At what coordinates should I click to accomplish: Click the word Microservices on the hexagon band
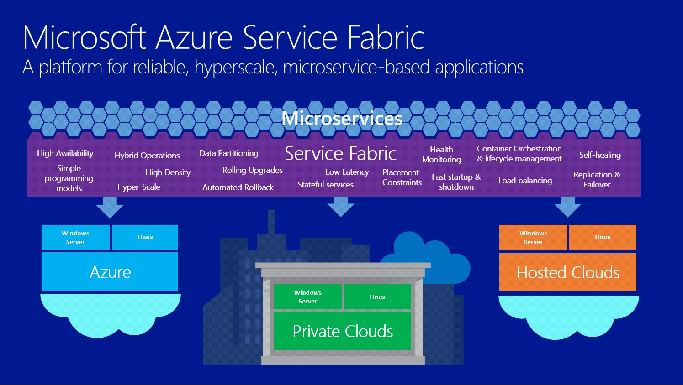(x=342, y=118)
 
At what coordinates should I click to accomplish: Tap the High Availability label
(x=65, y=153)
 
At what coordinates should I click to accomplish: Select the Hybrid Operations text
(x=147, y=156)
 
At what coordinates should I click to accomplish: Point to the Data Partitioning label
(x=229, y=153)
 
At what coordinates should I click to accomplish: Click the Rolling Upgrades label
(x=253, y=170)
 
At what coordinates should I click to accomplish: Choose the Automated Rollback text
(x=238, y=187)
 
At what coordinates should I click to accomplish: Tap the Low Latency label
(x=347, y=172)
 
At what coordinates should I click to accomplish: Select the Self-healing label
(x=600, y=155)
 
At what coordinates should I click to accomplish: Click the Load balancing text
(x=525, y=181)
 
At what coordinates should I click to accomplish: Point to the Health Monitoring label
(x=441, y=155)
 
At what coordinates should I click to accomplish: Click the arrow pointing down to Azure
(x=110, y=207)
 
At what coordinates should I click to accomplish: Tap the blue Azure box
(x=110, y=271)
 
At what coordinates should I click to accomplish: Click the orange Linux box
(x=603, y=237)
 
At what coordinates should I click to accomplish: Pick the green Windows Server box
(x=307, y=297)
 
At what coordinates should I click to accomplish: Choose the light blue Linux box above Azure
(x=145, y=237)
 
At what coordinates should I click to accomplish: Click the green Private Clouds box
(x=343, y=331)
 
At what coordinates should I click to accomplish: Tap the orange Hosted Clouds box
(x=568, y=272)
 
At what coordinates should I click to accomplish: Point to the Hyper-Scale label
(x=139, y=187)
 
